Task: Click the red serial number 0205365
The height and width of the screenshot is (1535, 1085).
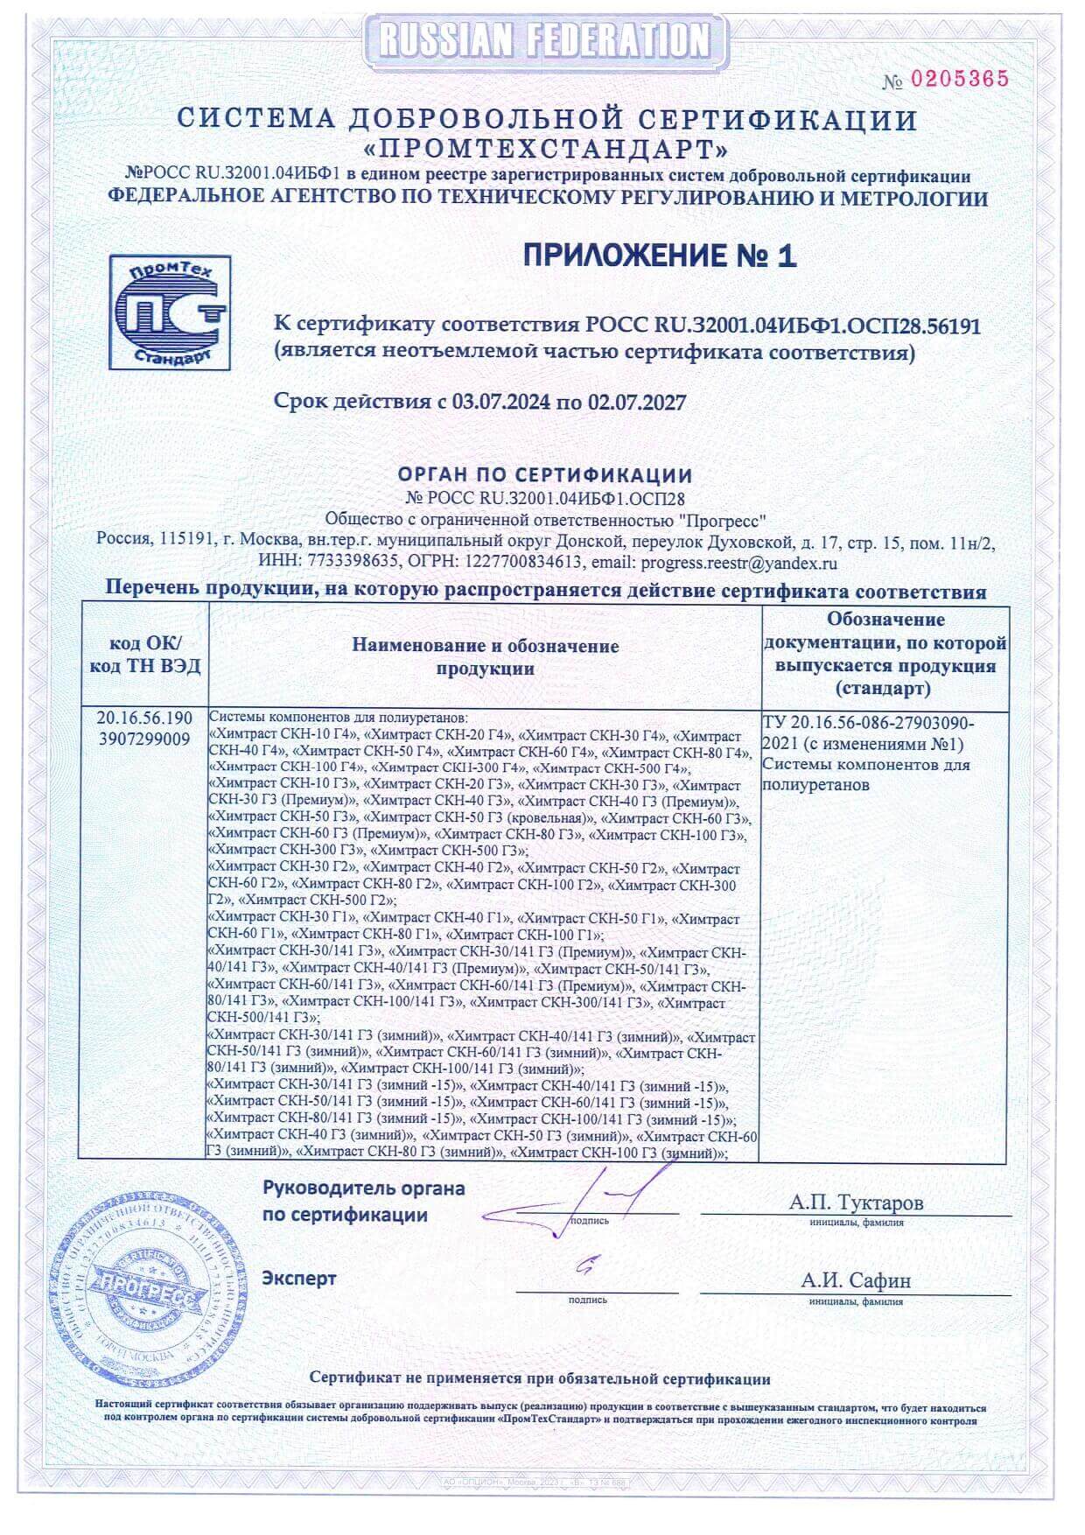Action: pos(960,80)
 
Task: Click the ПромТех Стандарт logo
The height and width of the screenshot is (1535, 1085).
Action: pos(170,312)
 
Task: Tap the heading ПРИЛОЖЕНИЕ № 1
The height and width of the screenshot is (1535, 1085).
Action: pos(660,256)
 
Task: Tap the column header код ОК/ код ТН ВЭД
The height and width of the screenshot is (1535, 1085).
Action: pos(145,655)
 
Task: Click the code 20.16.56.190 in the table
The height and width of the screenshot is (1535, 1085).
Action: pos(145,719)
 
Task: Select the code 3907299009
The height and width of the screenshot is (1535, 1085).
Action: pos(145,739)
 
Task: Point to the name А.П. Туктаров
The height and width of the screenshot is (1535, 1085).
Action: pos(856,1202)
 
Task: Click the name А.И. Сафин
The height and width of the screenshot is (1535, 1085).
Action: pos(856,1280)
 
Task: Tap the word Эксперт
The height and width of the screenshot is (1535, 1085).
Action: pos(299,1279)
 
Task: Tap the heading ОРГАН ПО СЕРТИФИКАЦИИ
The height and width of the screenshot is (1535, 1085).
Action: pos(545,475)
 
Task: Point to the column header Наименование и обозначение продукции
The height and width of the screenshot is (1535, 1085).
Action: pos(485,657)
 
